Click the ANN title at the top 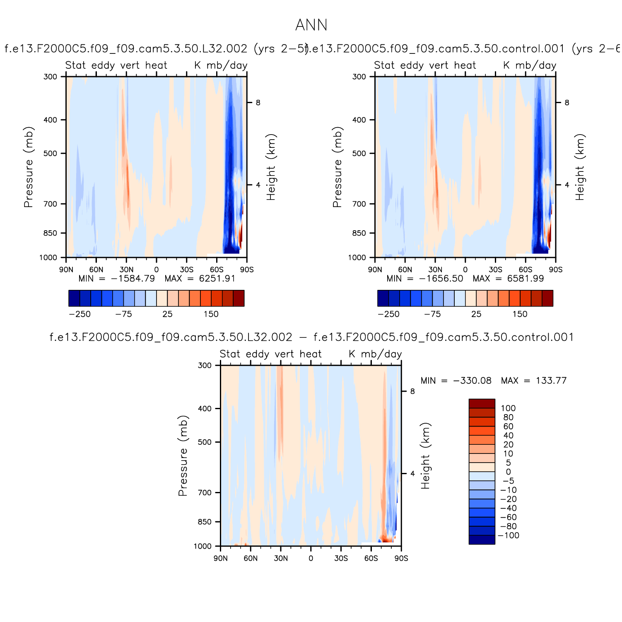(x=311, y=25)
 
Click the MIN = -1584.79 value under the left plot (x=117, y=278)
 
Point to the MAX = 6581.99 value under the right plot (x=508, y=278)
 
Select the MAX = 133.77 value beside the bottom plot (x=533, y=381)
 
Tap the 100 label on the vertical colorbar (x=508, y=408)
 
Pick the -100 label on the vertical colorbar (x=509, y=535)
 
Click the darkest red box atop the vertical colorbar (x=482, y=404)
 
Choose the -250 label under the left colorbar (x=80, y=314)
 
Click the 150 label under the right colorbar (x=520, y=314)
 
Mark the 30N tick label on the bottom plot (x=281, y=558)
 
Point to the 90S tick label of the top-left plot (x=247, y=270)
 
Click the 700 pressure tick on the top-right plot (x=359, y=204)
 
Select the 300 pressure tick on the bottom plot (x=205, y=365)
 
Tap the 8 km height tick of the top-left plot (x=258, y=103)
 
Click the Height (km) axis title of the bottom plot (x=426, y=456)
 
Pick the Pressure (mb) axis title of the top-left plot (x=28, y=167)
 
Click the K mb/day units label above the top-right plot (x=530, y=65)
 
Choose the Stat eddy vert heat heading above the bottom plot (x=270, y=354)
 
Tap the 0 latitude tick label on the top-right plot (x=465, y=270)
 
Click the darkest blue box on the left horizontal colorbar (x=74, y=298)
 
